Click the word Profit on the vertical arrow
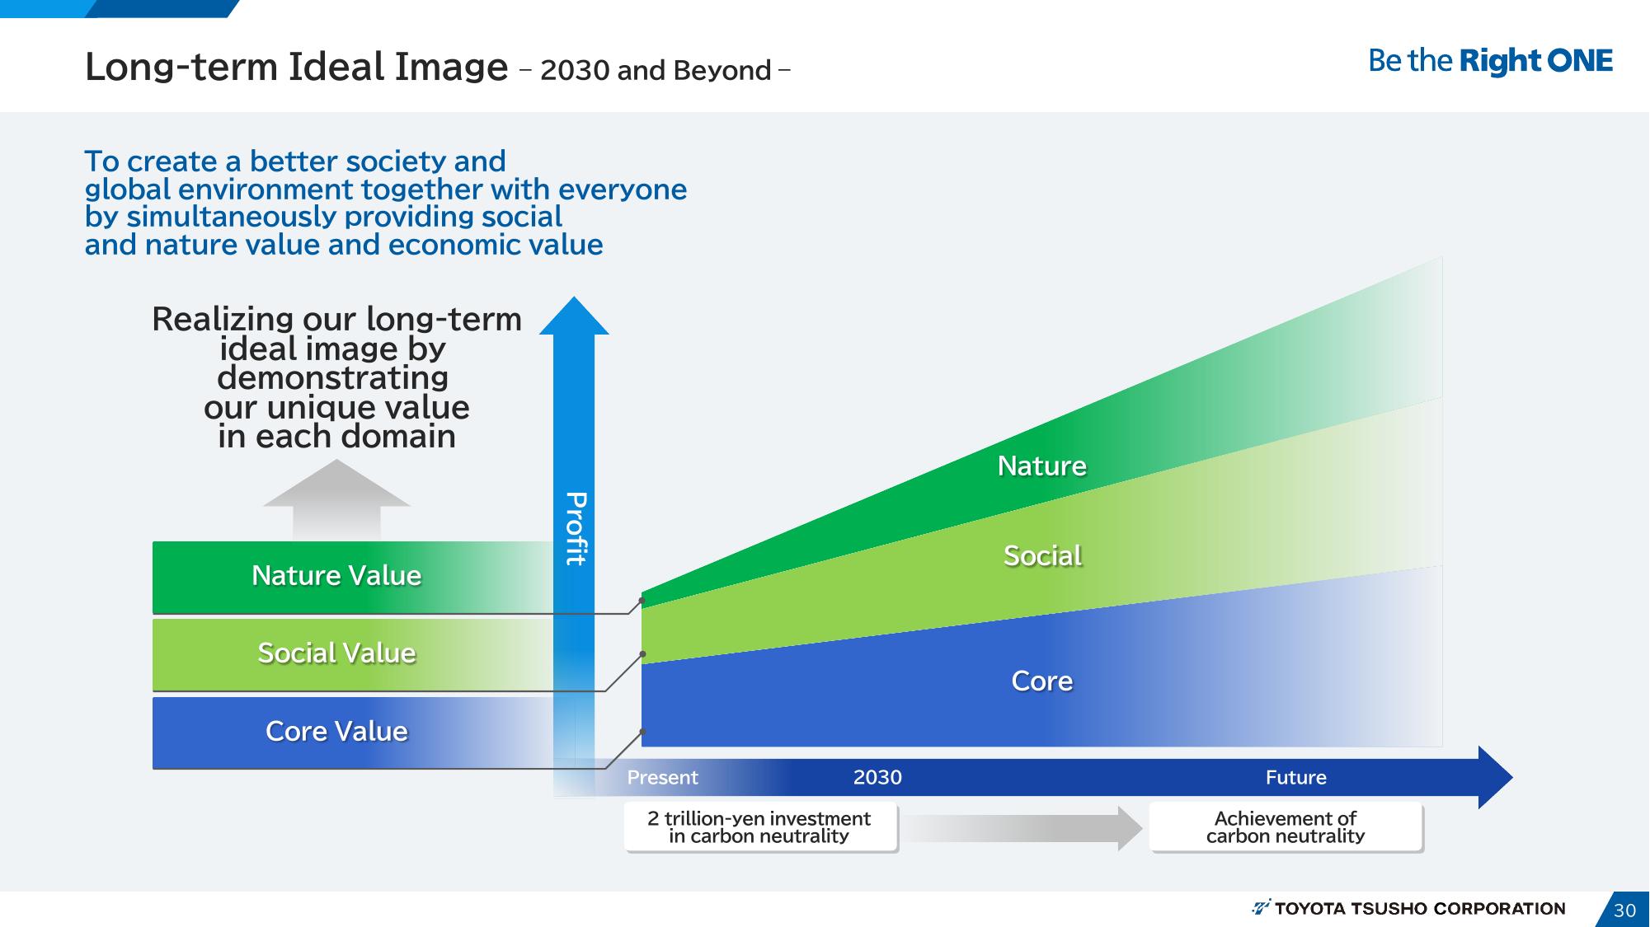click(576, 528)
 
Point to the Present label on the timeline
click(662, 777)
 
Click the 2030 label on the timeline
click(877, 777)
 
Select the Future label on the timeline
click(1295, 777)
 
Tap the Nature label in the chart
click(1042, 466)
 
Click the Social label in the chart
click(1042, 555)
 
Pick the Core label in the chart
click(1042, 681)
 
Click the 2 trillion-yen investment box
click(759, 826)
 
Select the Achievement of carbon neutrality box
click(1286, 826)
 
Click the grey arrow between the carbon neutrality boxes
click(1023, 828)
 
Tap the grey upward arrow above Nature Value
click(336, 499)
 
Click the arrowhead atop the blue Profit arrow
click(574, 316)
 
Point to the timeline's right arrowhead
click(1495, 777)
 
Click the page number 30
click(1624, 911)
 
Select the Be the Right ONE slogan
click(1490, 61)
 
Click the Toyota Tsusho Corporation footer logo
click(1408, 908)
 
